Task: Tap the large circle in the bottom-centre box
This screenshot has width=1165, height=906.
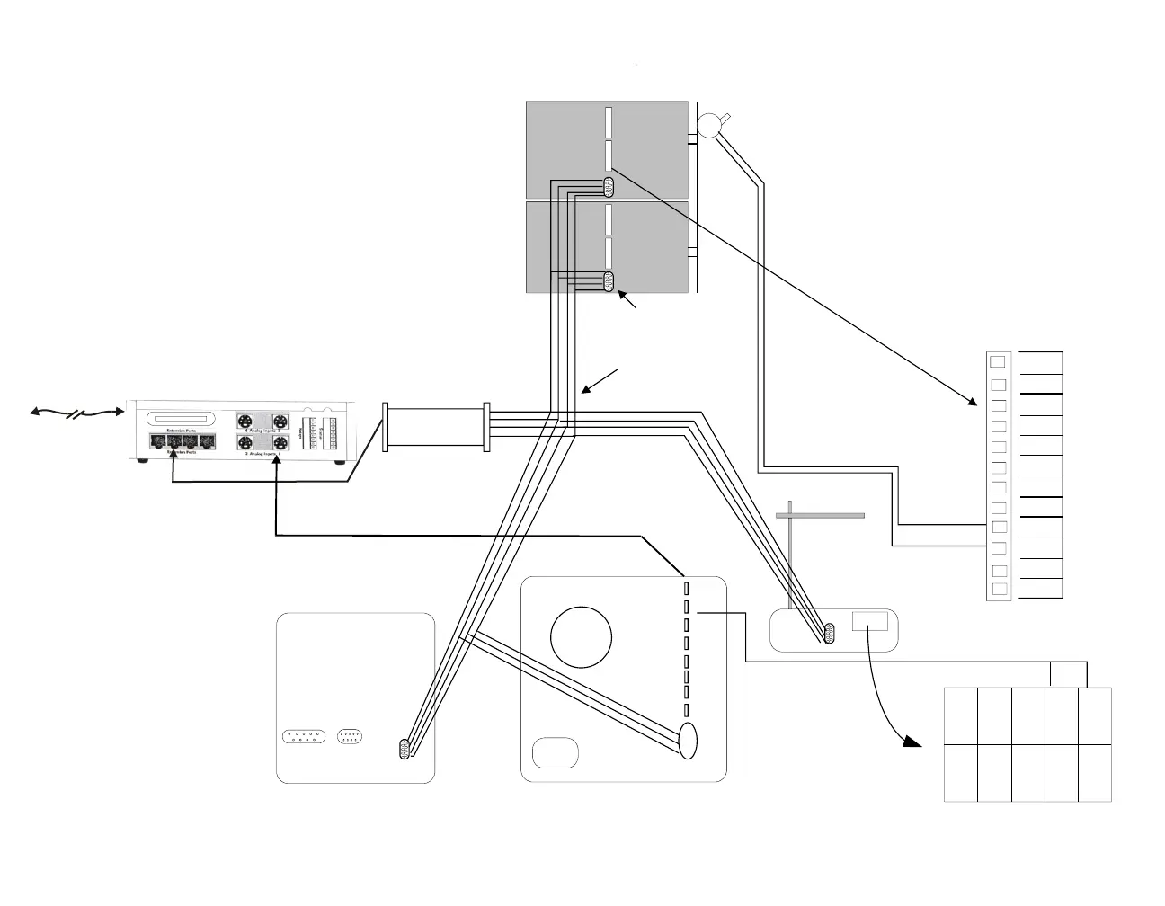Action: click(581, 637)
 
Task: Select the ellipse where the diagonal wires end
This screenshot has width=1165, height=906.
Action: click(688, 741)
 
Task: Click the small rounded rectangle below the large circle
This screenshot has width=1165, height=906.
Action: click(555, 752)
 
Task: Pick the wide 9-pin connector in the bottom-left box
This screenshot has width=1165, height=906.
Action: click(303, 736)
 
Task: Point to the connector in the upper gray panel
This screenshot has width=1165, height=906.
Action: click(609, 187)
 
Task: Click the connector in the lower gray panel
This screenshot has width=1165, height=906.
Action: click(609, 281)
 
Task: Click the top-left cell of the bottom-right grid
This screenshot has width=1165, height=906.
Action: click(961, 716)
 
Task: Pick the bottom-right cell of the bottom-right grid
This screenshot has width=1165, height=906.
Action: click(1094, 773)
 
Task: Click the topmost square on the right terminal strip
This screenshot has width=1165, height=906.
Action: click(997, 362)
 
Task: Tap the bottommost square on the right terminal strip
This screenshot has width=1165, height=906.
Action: click(998, 589)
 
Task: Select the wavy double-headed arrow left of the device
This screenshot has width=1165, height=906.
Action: click(76, 413)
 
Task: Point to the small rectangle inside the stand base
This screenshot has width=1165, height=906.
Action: click(869, 620)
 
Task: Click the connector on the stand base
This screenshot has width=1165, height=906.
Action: click(829, 634)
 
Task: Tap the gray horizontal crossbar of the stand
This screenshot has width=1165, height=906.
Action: click(820, 516)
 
